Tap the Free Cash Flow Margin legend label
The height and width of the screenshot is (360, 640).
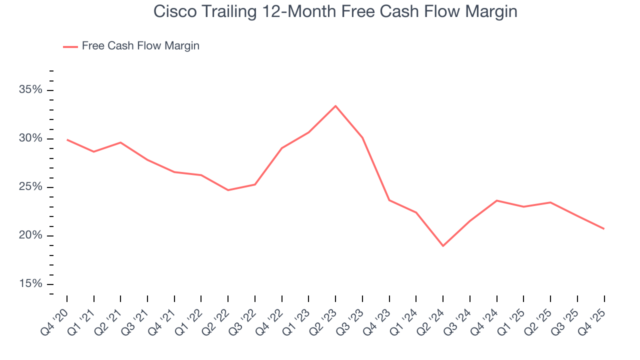pyautogui.click(x=140, y=46)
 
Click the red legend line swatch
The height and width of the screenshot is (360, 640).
pyautogui.click(x=70, y=46)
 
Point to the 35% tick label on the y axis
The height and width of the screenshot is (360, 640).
pyautogui.click(x=31, y=90)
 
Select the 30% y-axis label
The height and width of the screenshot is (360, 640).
pyautogui.click(x=31, y=138)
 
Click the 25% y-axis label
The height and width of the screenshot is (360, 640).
pyautogui.click(x=31, y=187)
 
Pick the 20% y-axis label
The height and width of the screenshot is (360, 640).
pyautogui.click(x=31, y=235)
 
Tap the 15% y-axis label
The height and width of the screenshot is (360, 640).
pyautogui.click(x=31, y=284)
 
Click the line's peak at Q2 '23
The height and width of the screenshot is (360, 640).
pyautogui.click(x=335, y=106)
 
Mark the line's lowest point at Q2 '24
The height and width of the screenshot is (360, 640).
pyautogui.click(x=443, y=245)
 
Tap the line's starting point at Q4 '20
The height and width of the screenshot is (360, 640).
pyautogui.click(x=67, y=139)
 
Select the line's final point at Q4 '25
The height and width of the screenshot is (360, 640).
pyautogui.click(x=604, y=228)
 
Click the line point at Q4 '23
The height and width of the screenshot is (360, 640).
pyautogui.click(x=389, y=200)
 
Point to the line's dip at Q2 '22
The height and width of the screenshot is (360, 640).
pyautogui.click(x=228, y=190)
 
